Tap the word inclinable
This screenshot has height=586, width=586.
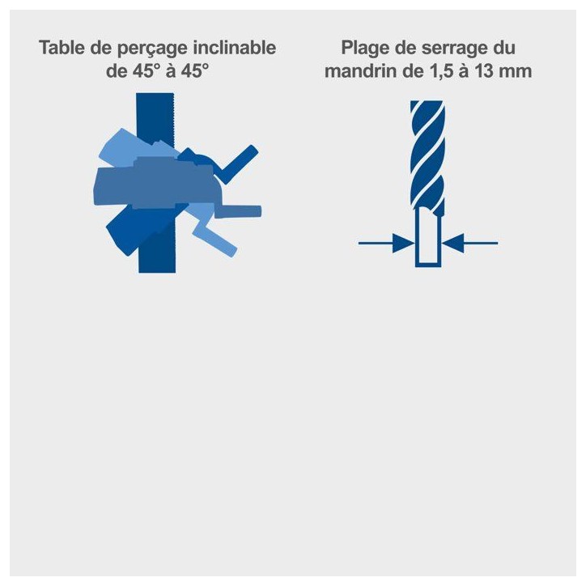(235, 48)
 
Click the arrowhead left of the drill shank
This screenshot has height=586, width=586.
(404, 243)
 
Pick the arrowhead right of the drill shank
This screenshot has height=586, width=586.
(452, 243)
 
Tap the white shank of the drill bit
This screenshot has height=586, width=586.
(428, 236)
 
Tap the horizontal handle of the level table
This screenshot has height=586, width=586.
(238, 212)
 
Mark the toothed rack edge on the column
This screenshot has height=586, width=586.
(174, 120)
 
